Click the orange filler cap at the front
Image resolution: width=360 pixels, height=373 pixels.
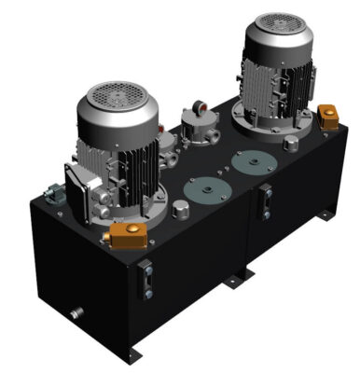click(x=126, y=236)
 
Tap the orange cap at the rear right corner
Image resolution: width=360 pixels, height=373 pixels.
click(x=327, y=117)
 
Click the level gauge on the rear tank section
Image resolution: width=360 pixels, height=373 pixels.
click(x=267, y=200)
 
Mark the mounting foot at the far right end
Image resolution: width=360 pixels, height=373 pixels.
click(x=324, y=216)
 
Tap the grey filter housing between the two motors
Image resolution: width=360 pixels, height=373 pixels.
click(x=197, y=127)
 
